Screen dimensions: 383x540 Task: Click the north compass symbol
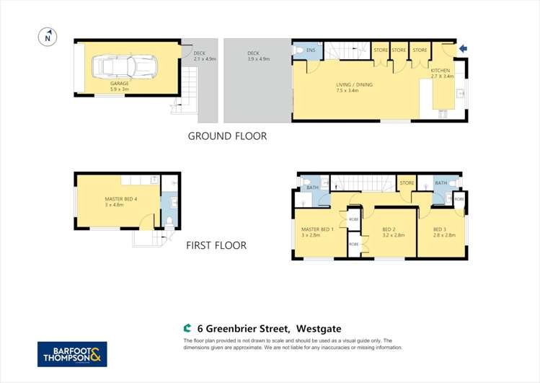click(48, 36)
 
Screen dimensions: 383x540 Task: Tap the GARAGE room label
click(120, 84)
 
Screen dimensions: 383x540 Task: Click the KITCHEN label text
click(441, 71)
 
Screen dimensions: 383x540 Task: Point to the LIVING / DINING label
click(354, 85)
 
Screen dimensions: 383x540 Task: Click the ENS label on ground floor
click(311, 50)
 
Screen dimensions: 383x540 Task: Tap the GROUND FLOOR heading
click(227, 136)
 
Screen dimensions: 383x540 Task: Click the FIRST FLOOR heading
click(216, 245)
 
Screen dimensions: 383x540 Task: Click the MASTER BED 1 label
click(317, 229)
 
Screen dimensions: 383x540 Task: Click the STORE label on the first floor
click(407, 183)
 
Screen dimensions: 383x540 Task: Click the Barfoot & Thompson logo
click(72, 354)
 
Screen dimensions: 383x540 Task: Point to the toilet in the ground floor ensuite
click(299, 50)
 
